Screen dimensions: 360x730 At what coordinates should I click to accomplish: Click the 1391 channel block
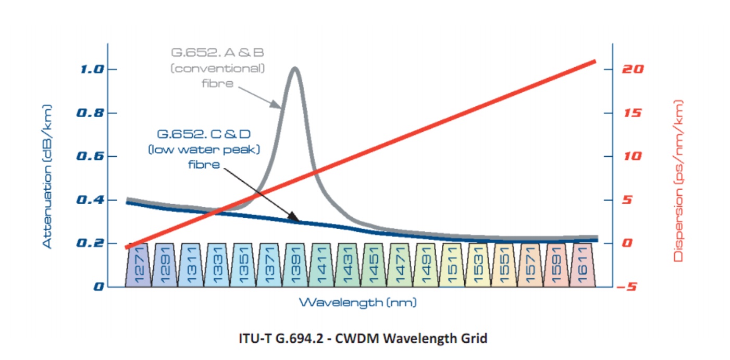pyautogui.click(x=295, y=265)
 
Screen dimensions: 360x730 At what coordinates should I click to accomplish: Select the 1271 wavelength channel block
pyautogui.click(x=137, y=265)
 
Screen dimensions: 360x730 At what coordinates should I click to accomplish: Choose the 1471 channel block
pyautogui.click(x=400, y=265)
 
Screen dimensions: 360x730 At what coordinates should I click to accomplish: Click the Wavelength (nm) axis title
pyautogui.click(x=357, y=302)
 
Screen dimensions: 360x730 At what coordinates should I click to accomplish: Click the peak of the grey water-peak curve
pyautogui.click(x=295, y=68)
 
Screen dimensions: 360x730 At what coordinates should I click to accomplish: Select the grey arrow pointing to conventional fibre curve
pyautogui.click(x=258, y=97)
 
